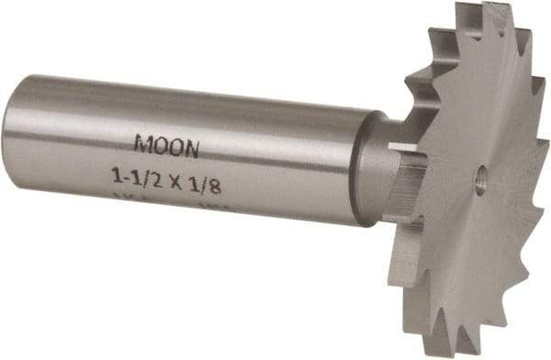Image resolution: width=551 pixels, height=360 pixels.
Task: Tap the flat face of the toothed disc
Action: click(x=468, y=220)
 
